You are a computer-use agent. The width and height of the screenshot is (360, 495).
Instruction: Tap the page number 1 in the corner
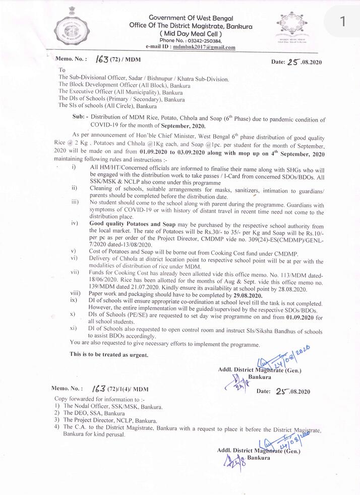(x=343, y=22)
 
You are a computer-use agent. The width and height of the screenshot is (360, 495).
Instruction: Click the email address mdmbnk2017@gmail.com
(x=204, y=47)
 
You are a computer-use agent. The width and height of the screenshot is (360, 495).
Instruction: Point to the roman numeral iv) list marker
(x=75, y=223)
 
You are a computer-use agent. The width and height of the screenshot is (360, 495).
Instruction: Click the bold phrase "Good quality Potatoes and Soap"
(x=132, y=223)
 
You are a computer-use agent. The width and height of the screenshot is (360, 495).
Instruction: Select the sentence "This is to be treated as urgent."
(x=109, y=355)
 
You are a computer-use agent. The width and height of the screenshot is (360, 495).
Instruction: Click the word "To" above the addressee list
(x=62, y=70)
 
